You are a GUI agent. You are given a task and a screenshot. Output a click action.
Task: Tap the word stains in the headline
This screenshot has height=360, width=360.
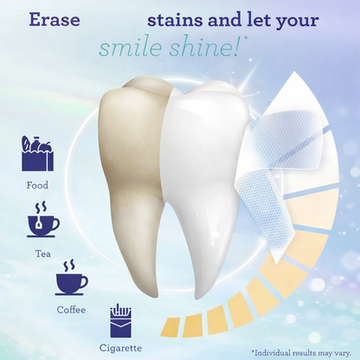click(x=173, y=20)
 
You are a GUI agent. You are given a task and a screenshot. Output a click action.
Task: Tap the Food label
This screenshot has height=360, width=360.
click(x=37, y=184)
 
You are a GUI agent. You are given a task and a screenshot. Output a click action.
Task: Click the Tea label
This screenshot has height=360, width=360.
click(x=43, y=254)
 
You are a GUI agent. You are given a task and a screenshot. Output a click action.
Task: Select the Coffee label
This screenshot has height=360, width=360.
click(x=71, y=310)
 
